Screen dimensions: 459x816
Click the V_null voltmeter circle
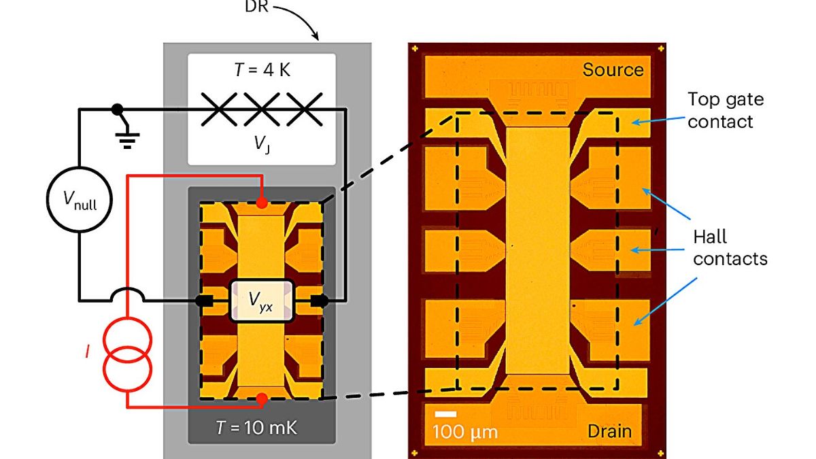pyautogui.click(x=78, y=199)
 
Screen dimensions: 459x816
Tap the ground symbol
pyautogui.click(x=127, y=139)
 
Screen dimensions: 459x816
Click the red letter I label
pyautogui.click(x=87, y=352)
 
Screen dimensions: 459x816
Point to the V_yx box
pyautogui.click(x=262, y=300)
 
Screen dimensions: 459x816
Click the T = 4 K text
pyautogui.click(x=262, y=69)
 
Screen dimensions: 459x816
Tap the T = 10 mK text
pyautogui.click(x=262, y=428)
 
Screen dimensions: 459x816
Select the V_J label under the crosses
pyautogui.click(x=261, y=143)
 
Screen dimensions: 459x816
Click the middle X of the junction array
pyautogui.click(x=262, y=108)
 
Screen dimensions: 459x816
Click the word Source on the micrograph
pyautogui.click(x=613, y=70)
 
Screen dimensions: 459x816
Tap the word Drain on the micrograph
pyautogui.click(x=609, y=430)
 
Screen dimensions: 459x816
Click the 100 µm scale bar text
pyautogui.click(x=466, y=432)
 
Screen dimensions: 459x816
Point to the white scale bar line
pyautogui.click(x=445, y=414)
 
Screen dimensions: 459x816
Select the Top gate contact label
pyautogui.click(x=725, y=111)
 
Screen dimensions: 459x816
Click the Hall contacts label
pyautogui.click(x=730, y=248)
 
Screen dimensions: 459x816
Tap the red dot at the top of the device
pyautogui.click(x=262, y=203)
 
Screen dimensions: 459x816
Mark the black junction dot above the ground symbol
pyautogui.click(x=117, y=109)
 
